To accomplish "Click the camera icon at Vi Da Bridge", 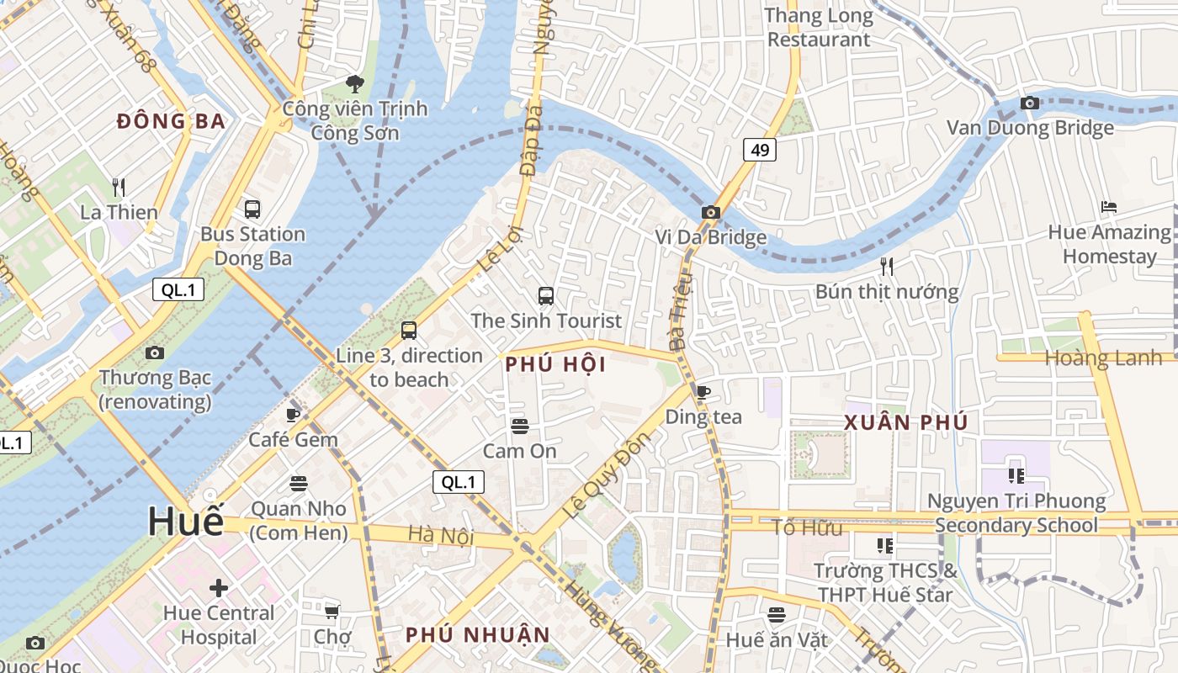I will [x=711, y=212].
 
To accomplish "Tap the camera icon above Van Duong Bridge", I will [x=1029, y=103].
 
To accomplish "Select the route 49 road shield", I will [x=759, y=150].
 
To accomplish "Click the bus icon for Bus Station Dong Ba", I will [x=252, y=209].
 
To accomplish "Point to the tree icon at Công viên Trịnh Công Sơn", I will [x=355, y=83].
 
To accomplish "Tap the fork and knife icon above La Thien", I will [x=119, y=187].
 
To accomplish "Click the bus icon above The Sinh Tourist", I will [x=546, y=295].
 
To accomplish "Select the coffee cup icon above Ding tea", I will [x=703, y=391].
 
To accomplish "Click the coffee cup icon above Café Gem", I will [x=293, y=414].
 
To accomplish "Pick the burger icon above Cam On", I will [x=519, y=426].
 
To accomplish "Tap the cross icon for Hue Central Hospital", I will [x=219, y=587].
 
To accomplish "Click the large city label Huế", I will [x=186, y=522].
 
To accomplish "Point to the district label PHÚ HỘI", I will [x=556, y=364].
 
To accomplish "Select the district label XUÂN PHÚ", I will [x=906, y=422].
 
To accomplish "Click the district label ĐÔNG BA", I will [x=172, y=121].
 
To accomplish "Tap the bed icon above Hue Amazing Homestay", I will [x=1109, y=207].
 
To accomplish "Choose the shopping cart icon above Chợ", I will [x=332, y=611].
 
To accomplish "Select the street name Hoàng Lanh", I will [x=1102, y=358].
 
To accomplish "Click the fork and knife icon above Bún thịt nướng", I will [x=886, y=267].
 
